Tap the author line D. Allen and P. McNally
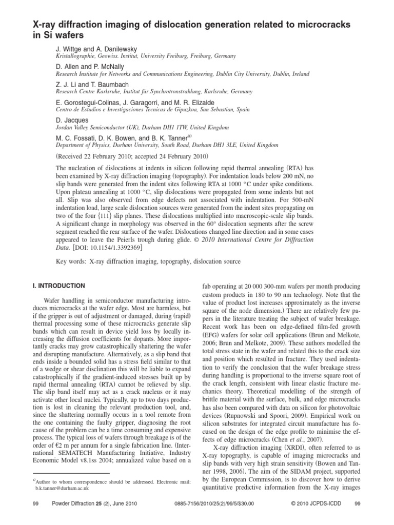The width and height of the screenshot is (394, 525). pyautogui.click(x=90, y=66)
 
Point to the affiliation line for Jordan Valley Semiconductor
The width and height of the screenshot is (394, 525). pyautogui.click(x=142, y=127)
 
